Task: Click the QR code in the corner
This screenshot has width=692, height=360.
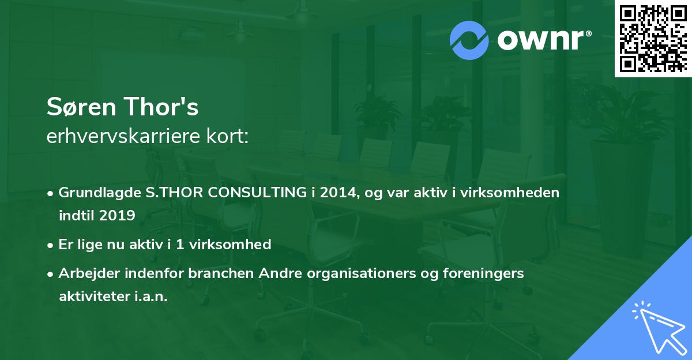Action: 653,39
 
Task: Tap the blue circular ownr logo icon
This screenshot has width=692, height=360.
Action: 469,40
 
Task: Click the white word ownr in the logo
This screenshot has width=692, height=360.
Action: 541,40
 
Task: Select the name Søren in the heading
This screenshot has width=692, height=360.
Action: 81,107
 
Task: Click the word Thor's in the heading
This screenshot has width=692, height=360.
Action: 161,107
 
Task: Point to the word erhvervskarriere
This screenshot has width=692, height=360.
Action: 123,136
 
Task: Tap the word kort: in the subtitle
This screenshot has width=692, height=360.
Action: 227,136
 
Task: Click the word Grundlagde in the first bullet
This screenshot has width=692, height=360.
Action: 100,193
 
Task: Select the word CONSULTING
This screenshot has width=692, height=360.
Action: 257,192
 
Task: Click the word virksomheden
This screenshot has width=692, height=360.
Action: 510,192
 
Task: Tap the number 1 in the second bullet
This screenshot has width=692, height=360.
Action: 180,245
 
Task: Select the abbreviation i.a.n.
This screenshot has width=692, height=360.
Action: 151,297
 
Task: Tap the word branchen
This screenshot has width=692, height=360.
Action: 221,273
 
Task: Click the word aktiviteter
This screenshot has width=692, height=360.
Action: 95,297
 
